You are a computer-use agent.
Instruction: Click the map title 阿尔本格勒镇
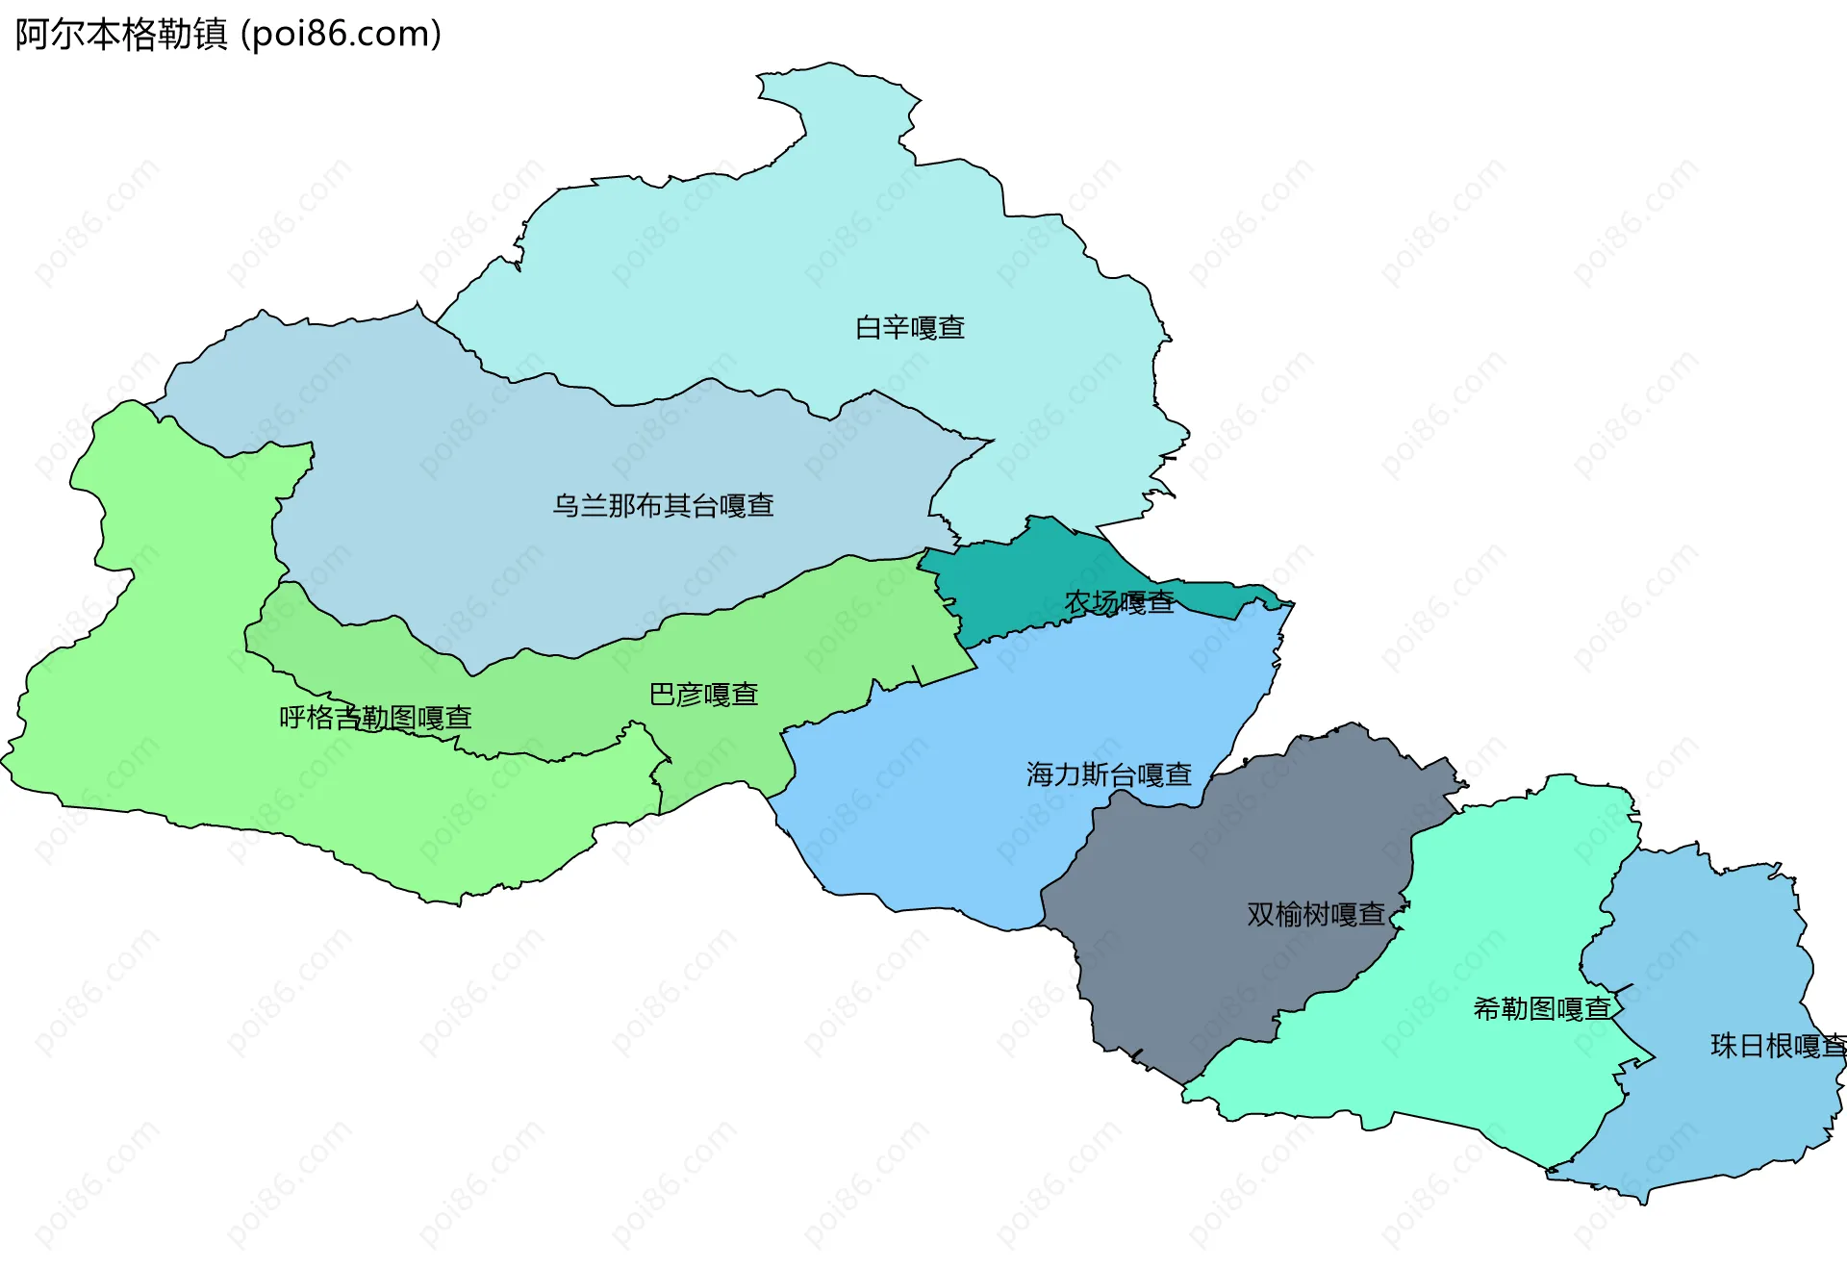click(x=121, y=35)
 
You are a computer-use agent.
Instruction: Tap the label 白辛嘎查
click(x=909, y=328)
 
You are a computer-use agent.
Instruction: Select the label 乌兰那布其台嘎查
click(x=663, y=506)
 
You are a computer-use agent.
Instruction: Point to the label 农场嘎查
click(x=1119, y=603)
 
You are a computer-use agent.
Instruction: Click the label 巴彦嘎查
click(x=703, y=695)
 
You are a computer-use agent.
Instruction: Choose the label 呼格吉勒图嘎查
click(x=375, y=718)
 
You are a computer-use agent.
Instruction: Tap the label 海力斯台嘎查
click(x=1108, y=774)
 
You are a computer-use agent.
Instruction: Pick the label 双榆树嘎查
click(x=1315, y=914)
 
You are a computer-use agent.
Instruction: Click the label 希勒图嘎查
click(x=1541, y=1009)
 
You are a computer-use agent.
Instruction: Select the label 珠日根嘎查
click(x=1778, y=1046)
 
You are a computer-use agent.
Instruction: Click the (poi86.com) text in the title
click(x=342, y=35)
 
